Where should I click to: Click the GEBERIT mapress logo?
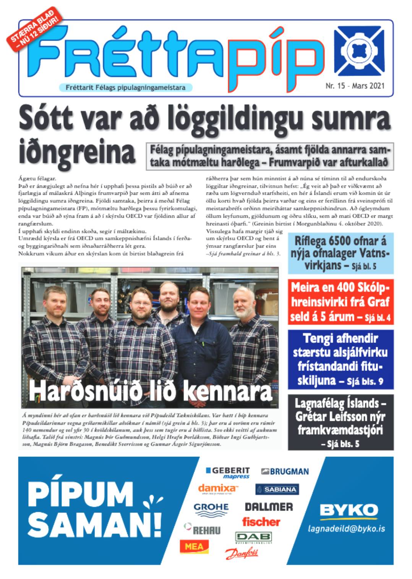tap(228, 472)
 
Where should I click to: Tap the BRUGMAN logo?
tap(285, 472)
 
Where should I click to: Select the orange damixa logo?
tap(218, 488)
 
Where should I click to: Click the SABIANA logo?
tap(277, 489)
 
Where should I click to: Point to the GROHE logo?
tap(211, 508)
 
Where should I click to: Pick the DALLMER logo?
tap(269, 507)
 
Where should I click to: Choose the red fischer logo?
tap(261, 522)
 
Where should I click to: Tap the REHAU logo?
tap(203, 529)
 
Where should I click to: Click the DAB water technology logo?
tap(253, 537)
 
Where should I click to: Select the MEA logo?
tap(194, 547)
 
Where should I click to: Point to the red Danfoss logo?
tap(242, 553)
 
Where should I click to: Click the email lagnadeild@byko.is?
tap(347, 529)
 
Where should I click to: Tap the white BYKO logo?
tap(349, 510)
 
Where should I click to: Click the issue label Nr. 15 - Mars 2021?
tap(355, 86)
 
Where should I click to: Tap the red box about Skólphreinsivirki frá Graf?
tap(340, 302)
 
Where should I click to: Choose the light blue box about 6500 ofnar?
tap(340, 253)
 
